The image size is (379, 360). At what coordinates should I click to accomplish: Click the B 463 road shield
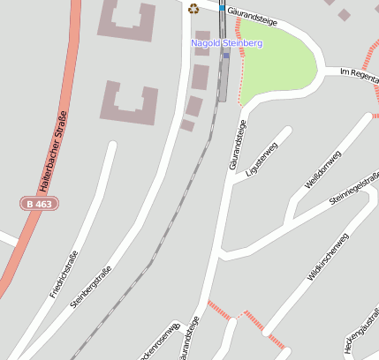pos(38,204)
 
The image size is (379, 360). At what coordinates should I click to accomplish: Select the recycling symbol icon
pos(193,9)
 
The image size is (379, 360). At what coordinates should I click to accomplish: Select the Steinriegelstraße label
pos(353,190)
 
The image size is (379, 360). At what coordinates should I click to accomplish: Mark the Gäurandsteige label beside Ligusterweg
pos(238,145)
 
